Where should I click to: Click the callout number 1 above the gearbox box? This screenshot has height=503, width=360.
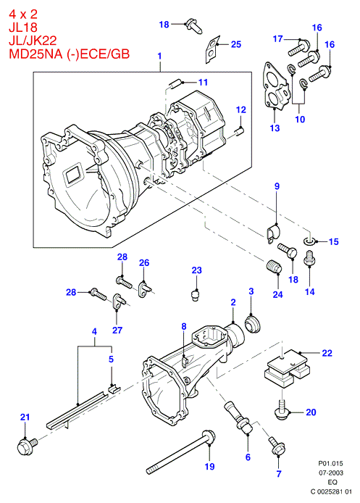[x=159, y=56]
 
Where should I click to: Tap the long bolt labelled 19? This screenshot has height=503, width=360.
[x=181, y=453]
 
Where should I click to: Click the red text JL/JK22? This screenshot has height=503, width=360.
[x=33, y=40]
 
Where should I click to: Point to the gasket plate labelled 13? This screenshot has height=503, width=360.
[x=276, y=86]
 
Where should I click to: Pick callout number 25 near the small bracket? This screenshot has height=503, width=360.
[x=236, y=44]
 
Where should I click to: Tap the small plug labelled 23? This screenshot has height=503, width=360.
[x=194, y=294]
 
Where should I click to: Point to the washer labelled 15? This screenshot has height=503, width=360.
[x=309, y=241]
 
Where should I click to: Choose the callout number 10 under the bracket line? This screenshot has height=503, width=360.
[x=300, y=120]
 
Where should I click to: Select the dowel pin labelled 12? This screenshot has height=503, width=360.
[x=240, y=131]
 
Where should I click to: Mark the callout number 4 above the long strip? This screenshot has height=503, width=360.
[x=94, y=331]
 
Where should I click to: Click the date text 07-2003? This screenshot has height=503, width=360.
[x=330, y=473]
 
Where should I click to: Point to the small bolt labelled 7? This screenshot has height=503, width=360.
[x=277, y=446]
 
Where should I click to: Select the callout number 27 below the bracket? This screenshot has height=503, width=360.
[x=117, y=330]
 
